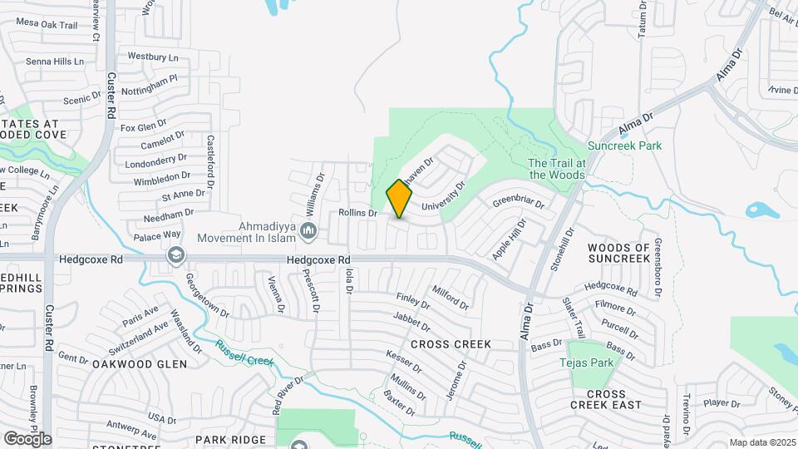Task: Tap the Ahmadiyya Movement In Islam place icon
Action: [308, 229]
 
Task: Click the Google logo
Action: [27, 438]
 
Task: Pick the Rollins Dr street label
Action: [358, 213]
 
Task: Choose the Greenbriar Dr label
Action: [517, 202]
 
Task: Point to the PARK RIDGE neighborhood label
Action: [230, 439]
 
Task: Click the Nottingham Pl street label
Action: [150, 83]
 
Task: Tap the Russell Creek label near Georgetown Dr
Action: [244, 354]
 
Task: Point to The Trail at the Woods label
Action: [557, 169]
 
